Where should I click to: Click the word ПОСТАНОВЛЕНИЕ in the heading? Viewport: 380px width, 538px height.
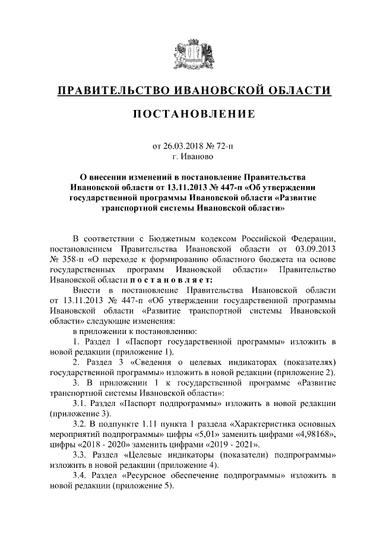(190, 114)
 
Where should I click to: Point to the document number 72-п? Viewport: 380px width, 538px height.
(218, 146)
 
